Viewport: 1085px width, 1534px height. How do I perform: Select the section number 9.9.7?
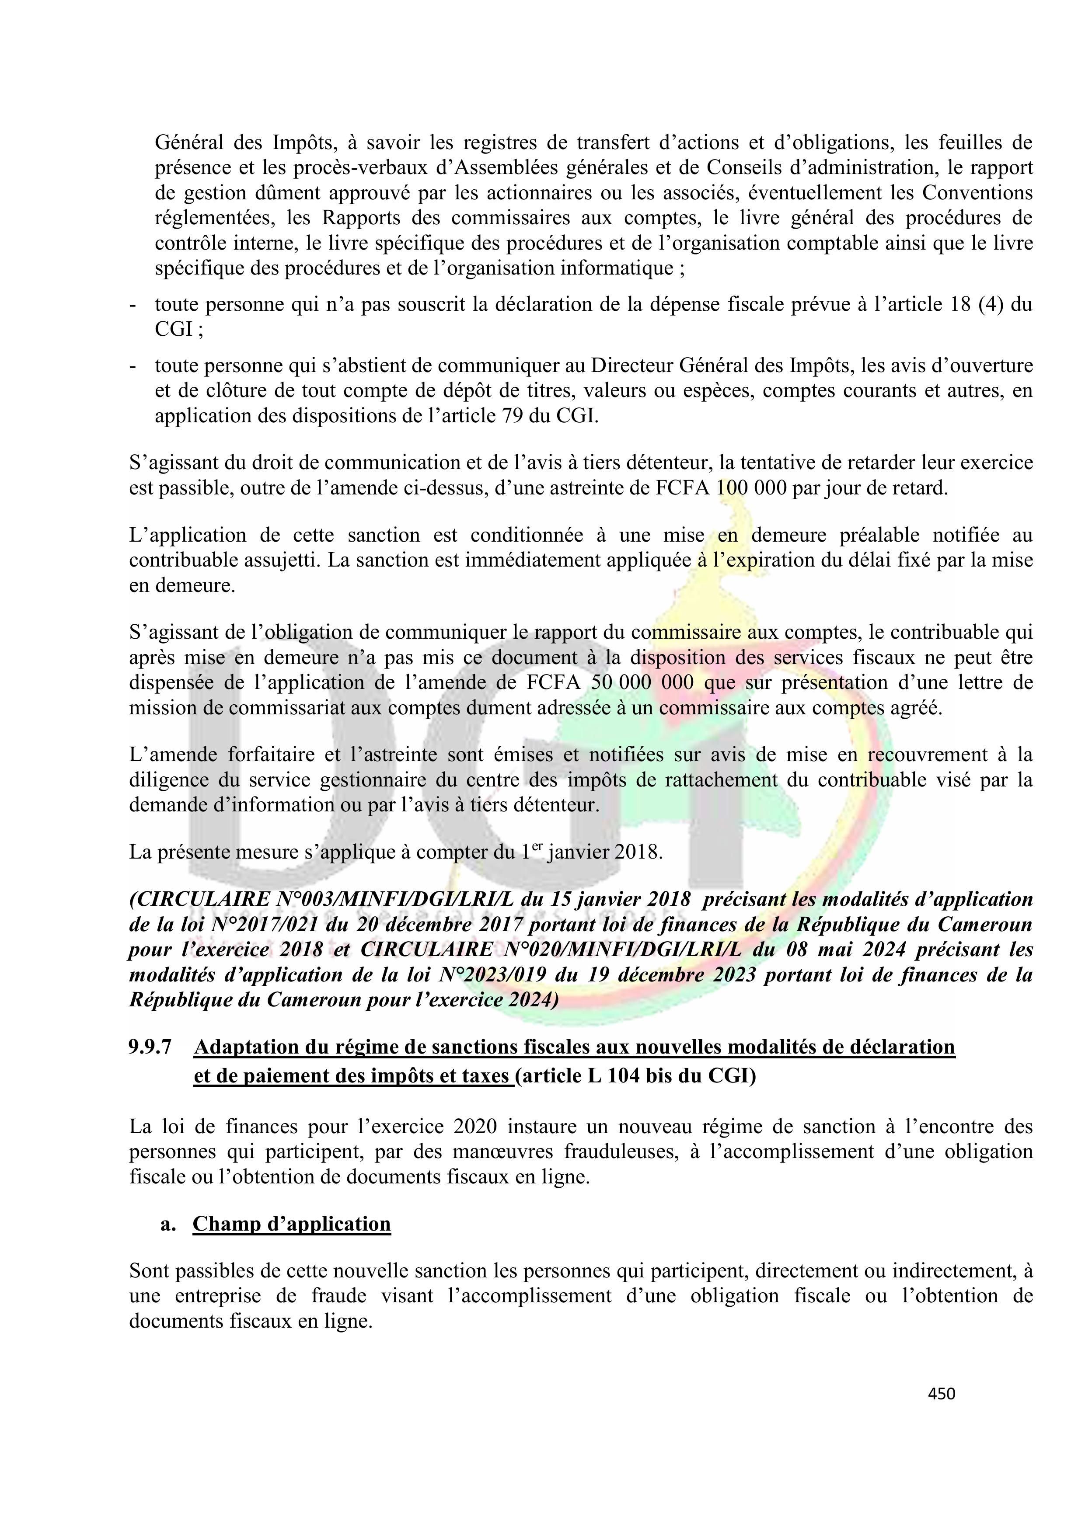coord(150,1047)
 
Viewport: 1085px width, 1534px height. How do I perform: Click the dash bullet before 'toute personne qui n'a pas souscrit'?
coord(133,305)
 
